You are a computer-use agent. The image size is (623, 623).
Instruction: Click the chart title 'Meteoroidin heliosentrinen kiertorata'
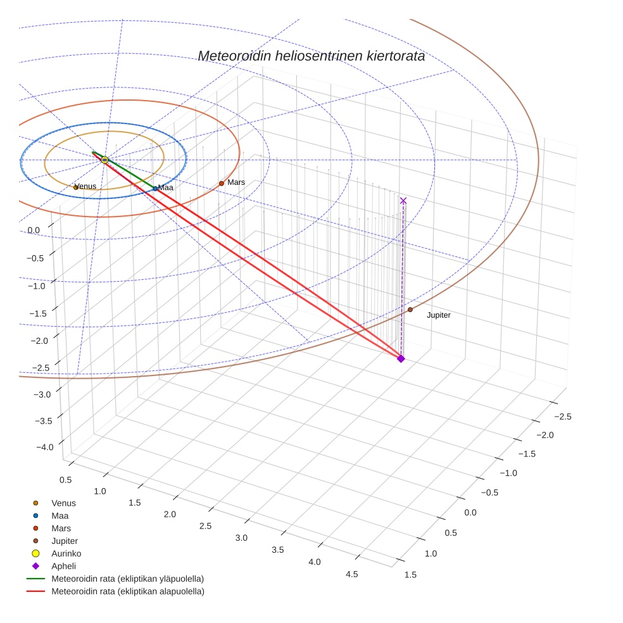(311, 56)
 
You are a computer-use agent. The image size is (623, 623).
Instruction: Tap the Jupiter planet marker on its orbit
(410, 310)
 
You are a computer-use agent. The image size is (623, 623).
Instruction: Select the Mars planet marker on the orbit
(222, 184)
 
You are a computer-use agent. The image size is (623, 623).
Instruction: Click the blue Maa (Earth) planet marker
(155, 188)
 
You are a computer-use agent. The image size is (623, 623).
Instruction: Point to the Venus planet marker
(76, 187)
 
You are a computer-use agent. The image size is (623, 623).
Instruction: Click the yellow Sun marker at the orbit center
(104, 160)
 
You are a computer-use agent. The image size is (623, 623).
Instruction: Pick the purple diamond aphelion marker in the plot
(401, 359)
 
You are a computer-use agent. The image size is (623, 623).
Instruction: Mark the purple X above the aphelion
(403, 201)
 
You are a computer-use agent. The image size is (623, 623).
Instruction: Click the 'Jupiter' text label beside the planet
(439, 315)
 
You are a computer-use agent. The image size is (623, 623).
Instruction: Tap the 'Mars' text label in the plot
(236, 182)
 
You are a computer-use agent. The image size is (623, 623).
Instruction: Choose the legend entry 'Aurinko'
(66, 553)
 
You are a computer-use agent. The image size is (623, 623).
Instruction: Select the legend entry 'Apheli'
(63, 566)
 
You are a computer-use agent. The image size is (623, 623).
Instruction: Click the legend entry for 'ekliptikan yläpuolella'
(127, 579)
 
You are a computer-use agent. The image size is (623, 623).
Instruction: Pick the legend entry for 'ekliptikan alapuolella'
(128, 591)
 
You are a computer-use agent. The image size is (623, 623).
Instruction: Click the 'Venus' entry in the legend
(63, 503)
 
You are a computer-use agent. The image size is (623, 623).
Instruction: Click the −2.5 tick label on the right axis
(562, 416)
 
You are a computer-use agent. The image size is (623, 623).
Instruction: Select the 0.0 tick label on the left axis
(34, 230)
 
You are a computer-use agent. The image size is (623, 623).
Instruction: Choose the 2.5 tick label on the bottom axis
(206, 526)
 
